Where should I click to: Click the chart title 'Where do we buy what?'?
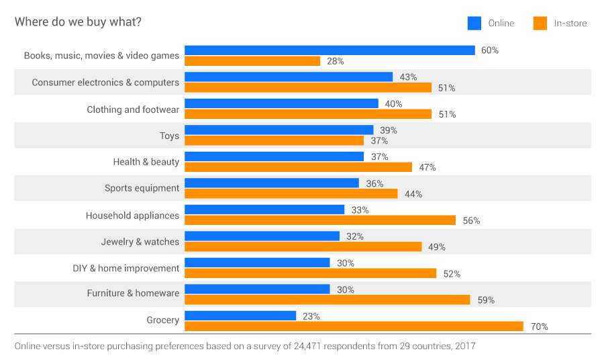(x=78, y=22)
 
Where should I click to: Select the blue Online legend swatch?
(x=474, y=24)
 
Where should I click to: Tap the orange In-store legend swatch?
(x=540, y=24)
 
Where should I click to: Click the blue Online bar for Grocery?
(x=240, y=316)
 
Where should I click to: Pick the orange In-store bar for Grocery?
(x=354, y=326)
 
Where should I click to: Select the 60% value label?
(x=490, y=50)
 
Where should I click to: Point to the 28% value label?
(x=336, y=61)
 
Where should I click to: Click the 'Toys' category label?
(x=169, y=136)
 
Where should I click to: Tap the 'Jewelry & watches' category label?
(x=140, y=242)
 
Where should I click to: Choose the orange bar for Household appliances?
(x=320, y=220)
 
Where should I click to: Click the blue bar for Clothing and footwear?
(x=281, y=103)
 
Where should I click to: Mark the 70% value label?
(x=540, y=327)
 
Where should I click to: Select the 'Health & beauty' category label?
(x=146, y=162)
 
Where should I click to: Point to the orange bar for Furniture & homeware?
(x=327, y=300)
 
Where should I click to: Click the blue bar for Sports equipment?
(x=272, y=183)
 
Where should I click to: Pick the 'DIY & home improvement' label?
(x=126, y=268)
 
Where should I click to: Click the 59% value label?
(x=486, y=300)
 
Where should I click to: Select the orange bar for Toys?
(x=274, y=140)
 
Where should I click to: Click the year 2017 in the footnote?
(x=464, y=347)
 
